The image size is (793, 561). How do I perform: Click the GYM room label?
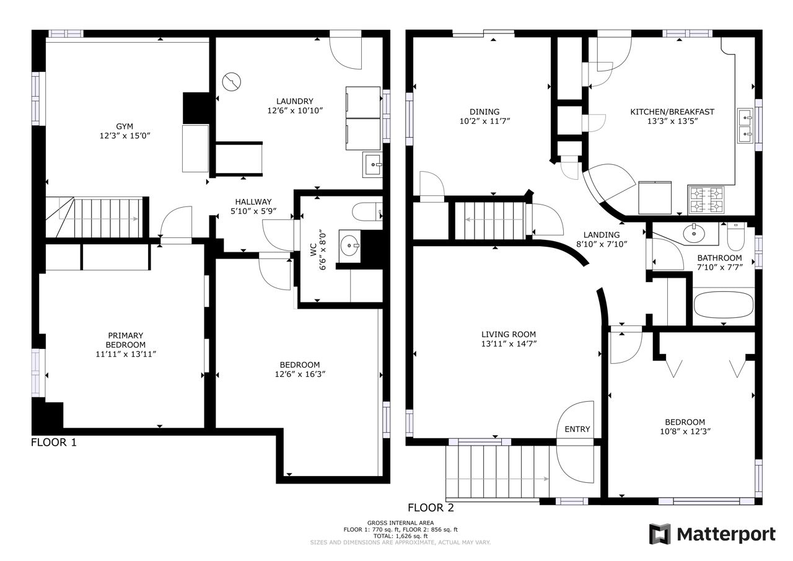(125, 126)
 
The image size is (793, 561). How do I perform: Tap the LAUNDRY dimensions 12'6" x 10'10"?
(295, 110)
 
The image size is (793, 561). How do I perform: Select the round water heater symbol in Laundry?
(232, 82)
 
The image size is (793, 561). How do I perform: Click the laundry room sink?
(372, 165)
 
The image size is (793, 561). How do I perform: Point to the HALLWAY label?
(253, 202)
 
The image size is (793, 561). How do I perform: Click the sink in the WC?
(350, 245)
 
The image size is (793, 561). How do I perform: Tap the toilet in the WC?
(367, 212)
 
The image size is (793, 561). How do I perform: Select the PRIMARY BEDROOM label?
(125, 340)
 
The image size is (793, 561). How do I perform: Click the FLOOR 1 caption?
(54, 443)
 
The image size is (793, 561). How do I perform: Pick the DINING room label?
(484, 112)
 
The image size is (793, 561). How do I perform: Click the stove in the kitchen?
(706, 200)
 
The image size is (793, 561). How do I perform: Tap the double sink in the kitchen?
(745, 126)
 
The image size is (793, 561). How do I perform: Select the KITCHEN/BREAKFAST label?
(672, 112)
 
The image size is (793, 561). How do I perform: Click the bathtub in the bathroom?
(724, 305)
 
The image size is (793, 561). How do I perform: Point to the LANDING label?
(602, 235)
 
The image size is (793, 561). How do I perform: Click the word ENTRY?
(577, 429)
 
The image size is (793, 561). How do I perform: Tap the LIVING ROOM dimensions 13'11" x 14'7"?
(509, 343)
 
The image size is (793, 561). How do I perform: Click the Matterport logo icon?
(660, 534)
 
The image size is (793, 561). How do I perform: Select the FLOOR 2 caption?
(431, 508)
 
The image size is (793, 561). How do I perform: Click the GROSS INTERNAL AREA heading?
(400, 523)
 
